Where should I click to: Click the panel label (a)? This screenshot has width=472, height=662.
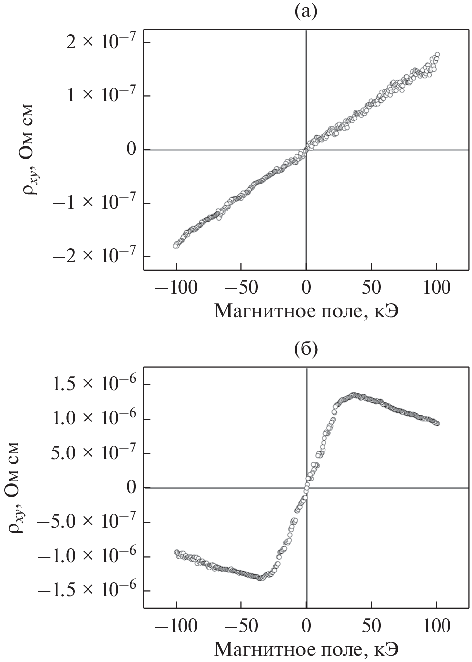(x=306, y=11)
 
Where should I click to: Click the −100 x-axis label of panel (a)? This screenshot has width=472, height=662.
(x=176, y=287)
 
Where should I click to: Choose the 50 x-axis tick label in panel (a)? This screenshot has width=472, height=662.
(x=371, y=287)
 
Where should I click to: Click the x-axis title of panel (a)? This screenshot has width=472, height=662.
(x=306, y=310)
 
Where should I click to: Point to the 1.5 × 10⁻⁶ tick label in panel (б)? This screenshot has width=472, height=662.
(x=93, y=385)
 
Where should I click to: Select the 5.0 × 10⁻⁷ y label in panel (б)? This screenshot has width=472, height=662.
(x=93, y=453)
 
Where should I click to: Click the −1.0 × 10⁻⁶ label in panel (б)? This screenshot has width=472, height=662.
(x=87, y=557)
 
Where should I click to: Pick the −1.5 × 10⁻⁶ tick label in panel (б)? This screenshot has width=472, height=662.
(x=87, y=591)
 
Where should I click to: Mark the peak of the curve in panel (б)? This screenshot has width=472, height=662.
(x=353, y=395)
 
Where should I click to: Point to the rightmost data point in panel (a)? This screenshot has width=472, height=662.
(x=437, y=54)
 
